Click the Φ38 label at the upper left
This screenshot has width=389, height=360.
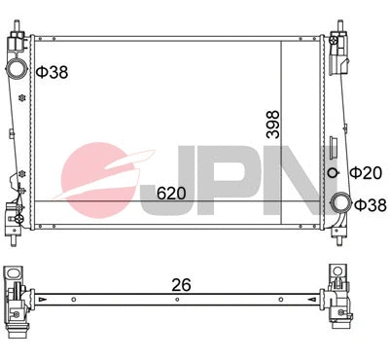[52, 72]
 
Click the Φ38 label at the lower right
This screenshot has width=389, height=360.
[370, 205]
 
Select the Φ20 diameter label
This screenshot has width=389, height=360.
[366, 172]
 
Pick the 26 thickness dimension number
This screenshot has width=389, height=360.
[181, 285]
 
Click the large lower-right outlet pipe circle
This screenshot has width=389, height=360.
[340, 203]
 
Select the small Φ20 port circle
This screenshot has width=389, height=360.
[334, 172]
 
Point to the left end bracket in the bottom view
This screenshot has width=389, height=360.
[19, 296]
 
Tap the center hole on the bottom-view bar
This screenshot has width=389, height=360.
[176, 299]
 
